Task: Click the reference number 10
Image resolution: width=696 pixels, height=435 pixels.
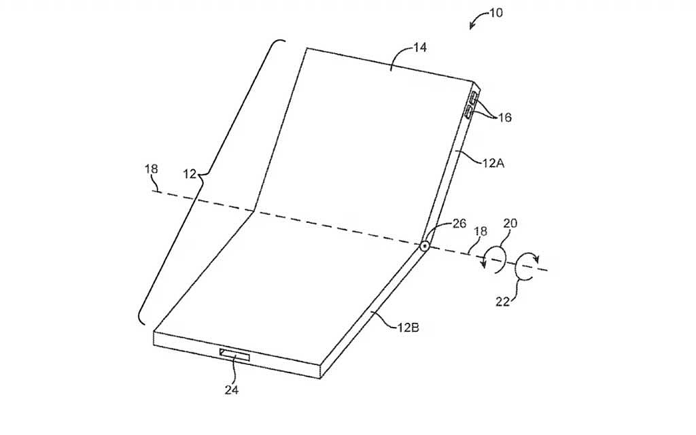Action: point(495,13)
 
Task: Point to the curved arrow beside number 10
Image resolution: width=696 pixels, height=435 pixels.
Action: point(476,18)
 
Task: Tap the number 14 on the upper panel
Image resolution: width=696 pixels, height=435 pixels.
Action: point(419,47)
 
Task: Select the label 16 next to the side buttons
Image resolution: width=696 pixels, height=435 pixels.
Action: point(504,118)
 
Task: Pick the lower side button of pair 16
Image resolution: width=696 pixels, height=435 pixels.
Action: point(469,112)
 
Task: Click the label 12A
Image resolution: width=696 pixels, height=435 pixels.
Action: point(493,163)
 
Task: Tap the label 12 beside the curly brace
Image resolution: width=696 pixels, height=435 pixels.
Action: point(190,174)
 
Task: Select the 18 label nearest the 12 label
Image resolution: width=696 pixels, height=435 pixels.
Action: point(151,169)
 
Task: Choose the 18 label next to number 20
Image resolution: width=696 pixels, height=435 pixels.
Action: point(481,231)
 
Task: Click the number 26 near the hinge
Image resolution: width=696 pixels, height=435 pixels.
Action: point(459,223)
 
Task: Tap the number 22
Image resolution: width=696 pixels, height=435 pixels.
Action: point(502,301)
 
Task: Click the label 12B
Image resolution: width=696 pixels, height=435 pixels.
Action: point(408,328)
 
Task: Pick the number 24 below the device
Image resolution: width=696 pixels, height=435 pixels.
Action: point(231,390)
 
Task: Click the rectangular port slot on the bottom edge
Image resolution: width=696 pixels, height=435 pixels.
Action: point(234,354)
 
